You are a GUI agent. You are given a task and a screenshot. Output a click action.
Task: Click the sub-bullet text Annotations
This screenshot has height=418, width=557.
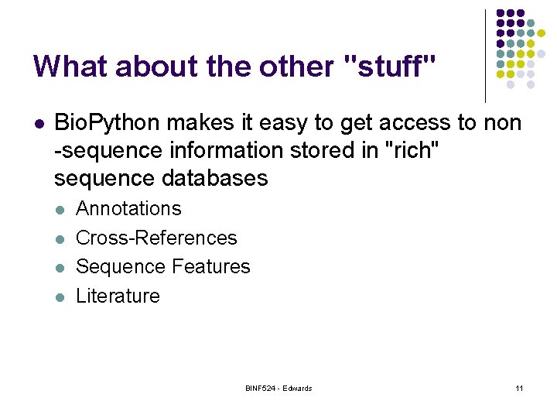[x=128, y=208]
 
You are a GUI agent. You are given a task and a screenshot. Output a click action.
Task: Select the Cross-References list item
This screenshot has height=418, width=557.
[x=156, y=238]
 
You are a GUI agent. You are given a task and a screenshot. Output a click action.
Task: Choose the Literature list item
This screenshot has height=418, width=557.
[x=118, y=296]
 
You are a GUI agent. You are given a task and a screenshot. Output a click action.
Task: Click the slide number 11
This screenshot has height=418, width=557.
[x=518, y=388]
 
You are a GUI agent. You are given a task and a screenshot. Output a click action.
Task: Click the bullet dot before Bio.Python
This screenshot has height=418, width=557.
[x=38, y=123]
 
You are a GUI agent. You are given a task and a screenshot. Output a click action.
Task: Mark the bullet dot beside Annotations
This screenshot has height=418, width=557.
[x=62, y=209]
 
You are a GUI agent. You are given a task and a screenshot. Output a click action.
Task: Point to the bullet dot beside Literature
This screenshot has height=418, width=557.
[x=62, y=296]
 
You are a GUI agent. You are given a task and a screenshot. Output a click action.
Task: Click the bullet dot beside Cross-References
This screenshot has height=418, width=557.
[x=62, y=238]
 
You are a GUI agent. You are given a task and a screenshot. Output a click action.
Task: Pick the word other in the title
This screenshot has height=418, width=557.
[x=294, y=66]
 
